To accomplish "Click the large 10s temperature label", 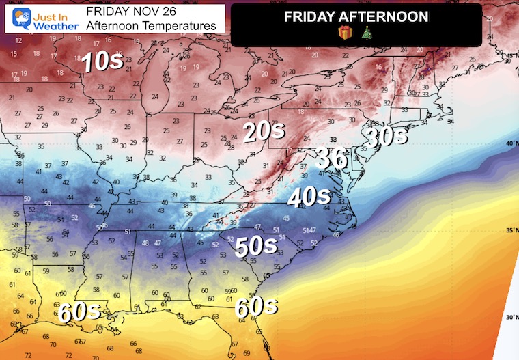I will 101,63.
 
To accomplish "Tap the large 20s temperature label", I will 263,133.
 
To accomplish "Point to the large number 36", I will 331,158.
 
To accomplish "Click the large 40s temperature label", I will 309,197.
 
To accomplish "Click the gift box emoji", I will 346,32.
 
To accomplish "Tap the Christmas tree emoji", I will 366,32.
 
